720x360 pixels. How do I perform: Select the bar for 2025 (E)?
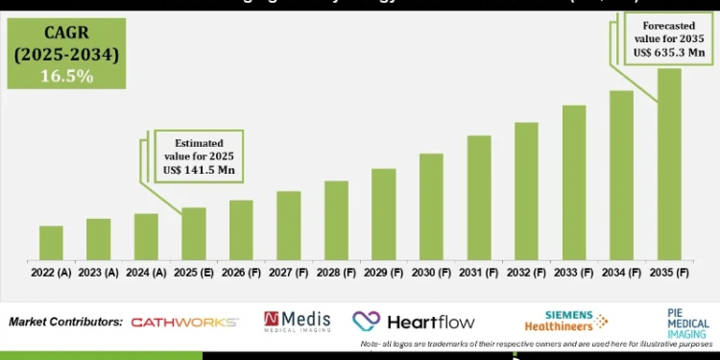point(194,233)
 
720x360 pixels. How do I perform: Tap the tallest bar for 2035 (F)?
point(669,163)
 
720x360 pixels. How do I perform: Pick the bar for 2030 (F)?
point(431,206)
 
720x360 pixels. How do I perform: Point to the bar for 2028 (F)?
point(336,220)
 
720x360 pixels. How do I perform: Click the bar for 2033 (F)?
point(574,182)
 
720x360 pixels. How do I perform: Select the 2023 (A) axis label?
point(99,273)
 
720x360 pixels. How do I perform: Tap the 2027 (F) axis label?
point(289,273)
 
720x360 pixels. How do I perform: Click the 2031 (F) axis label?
point(479,273)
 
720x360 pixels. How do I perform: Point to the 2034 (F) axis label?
point(622,273)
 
